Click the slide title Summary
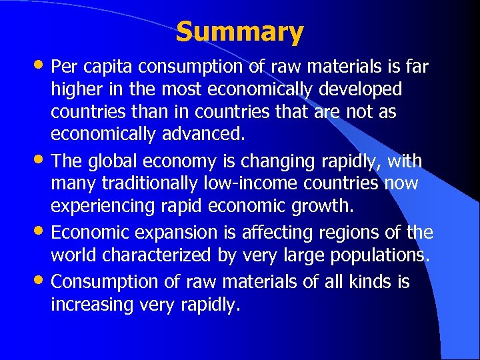[x=240, y=31]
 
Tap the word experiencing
[x=103, y=206]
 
